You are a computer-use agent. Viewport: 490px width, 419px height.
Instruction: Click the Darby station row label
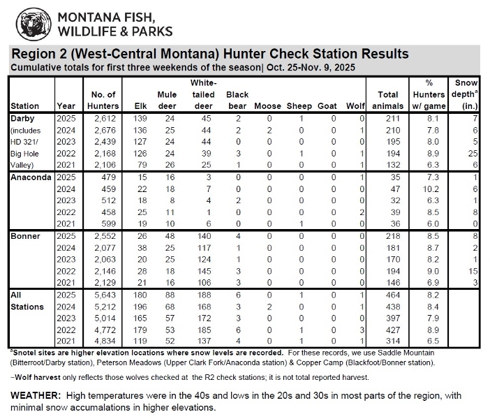pos(24,119)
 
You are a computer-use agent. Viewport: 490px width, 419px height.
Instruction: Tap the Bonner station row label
pos(25,236)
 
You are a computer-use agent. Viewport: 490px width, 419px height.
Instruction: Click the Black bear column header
pos(237,100)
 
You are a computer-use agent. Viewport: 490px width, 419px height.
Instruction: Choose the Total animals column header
pos(387,100)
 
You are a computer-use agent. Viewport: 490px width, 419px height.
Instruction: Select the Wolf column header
pos(356,106)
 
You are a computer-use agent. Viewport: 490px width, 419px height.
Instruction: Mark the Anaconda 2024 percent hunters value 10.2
pos(433,189)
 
